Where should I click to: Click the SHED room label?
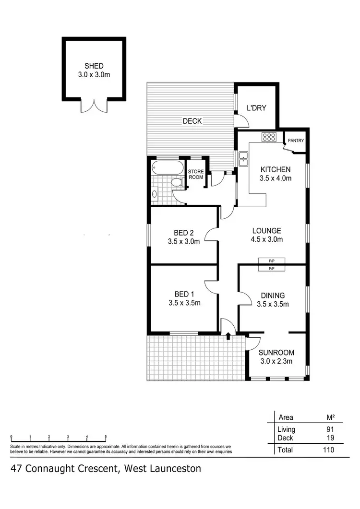94,66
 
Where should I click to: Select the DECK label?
192,121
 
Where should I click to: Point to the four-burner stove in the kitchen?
269,137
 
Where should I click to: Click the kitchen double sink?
243,158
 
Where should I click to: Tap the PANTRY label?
295,141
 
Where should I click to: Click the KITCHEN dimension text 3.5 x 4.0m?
275,178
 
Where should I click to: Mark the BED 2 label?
183,233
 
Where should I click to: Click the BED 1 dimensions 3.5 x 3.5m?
184,303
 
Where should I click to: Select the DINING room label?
273,296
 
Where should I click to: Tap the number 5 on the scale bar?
106,437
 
